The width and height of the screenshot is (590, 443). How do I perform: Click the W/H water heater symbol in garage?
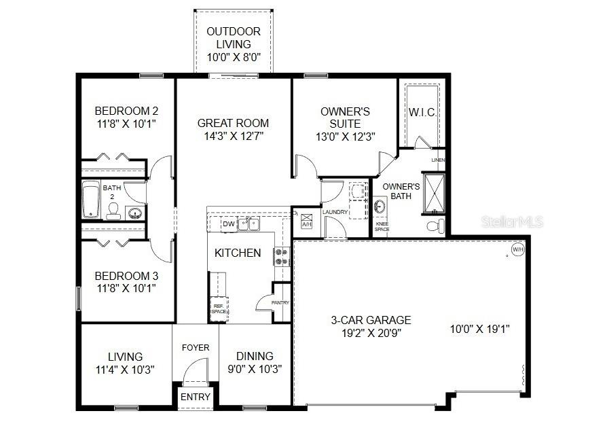518,249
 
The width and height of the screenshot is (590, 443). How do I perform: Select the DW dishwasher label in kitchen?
229,224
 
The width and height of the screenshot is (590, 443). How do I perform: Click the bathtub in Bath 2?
91,200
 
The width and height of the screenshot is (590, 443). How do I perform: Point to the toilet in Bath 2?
114,211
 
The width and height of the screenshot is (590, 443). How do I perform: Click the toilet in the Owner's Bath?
435,225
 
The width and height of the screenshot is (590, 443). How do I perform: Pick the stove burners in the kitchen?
282,256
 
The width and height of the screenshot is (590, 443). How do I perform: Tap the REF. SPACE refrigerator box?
218,308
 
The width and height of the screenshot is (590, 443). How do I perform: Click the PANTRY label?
280,302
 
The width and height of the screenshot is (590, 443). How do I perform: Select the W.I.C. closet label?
422,112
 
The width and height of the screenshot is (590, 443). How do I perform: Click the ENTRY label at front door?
196,397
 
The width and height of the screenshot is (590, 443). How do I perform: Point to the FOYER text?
196,348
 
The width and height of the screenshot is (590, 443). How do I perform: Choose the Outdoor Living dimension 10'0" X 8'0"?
234,58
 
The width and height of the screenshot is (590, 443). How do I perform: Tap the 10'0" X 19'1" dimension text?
480,329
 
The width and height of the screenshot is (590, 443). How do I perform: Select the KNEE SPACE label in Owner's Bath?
382,226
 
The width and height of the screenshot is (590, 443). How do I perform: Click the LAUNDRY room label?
335,212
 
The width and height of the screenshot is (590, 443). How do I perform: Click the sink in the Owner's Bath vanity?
380,206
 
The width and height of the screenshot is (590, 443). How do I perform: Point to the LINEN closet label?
438,160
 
